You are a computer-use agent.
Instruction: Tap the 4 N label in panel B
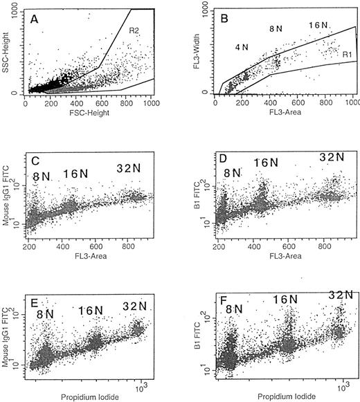(239, 46)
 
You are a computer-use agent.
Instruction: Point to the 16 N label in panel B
(318, 25)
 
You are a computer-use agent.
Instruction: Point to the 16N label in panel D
(265, 163)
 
